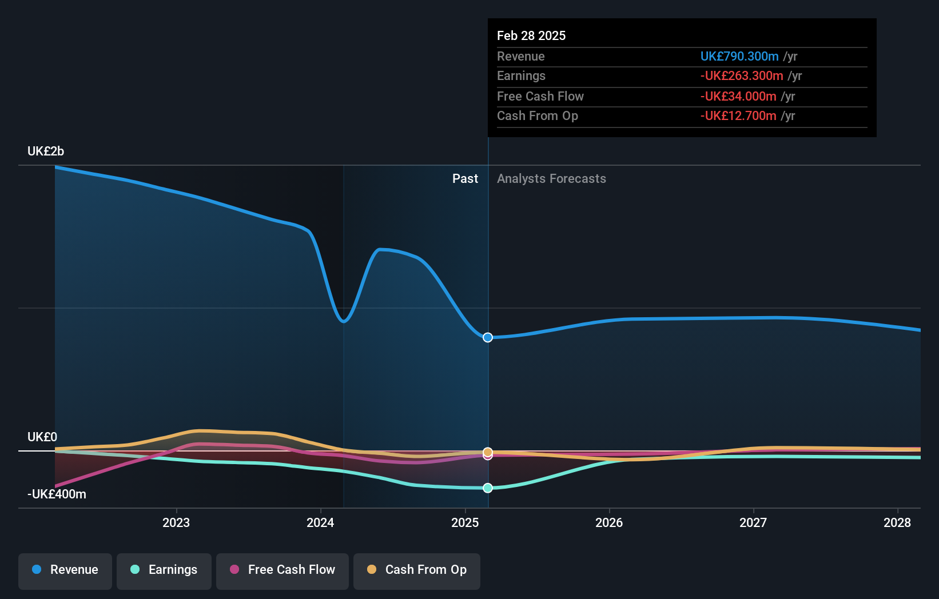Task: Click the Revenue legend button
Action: click(x=65, y=570)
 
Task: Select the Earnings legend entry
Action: click(x=164, y=570)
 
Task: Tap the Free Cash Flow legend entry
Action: click(x=283, y=570)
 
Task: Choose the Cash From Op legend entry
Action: click(x=417, y=570)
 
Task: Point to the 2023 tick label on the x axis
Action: click(x=176, y=522)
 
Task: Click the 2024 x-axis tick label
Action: click(x=320, y=522)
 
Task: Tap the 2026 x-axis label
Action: click(x=609, y=522)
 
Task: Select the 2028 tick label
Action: click(x=897, y=522)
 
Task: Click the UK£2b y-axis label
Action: click(x=46, y=151)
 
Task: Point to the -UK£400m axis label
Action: click(x=57, y=494)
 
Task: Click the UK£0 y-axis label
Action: click(x=42, y=437)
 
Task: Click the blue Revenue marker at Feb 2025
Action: click(x=488, y=338)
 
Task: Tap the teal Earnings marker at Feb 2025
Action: click(x=488, y=488)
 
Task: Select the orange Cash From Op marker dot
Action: click(x=488, y=452)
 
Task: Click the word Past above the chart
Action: click(x=465, y=179)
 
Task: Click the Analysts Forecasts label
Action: click(x=551, y=179)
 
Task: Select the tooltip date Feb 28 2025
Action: click(x=531, y=36)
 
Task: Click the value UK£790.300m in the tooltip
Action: click(x=739, y=57)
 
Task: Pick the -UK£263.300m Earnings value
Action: click(x=742, y=76)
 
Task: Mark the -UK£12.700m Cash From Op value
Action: click(x=738, y=116)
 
